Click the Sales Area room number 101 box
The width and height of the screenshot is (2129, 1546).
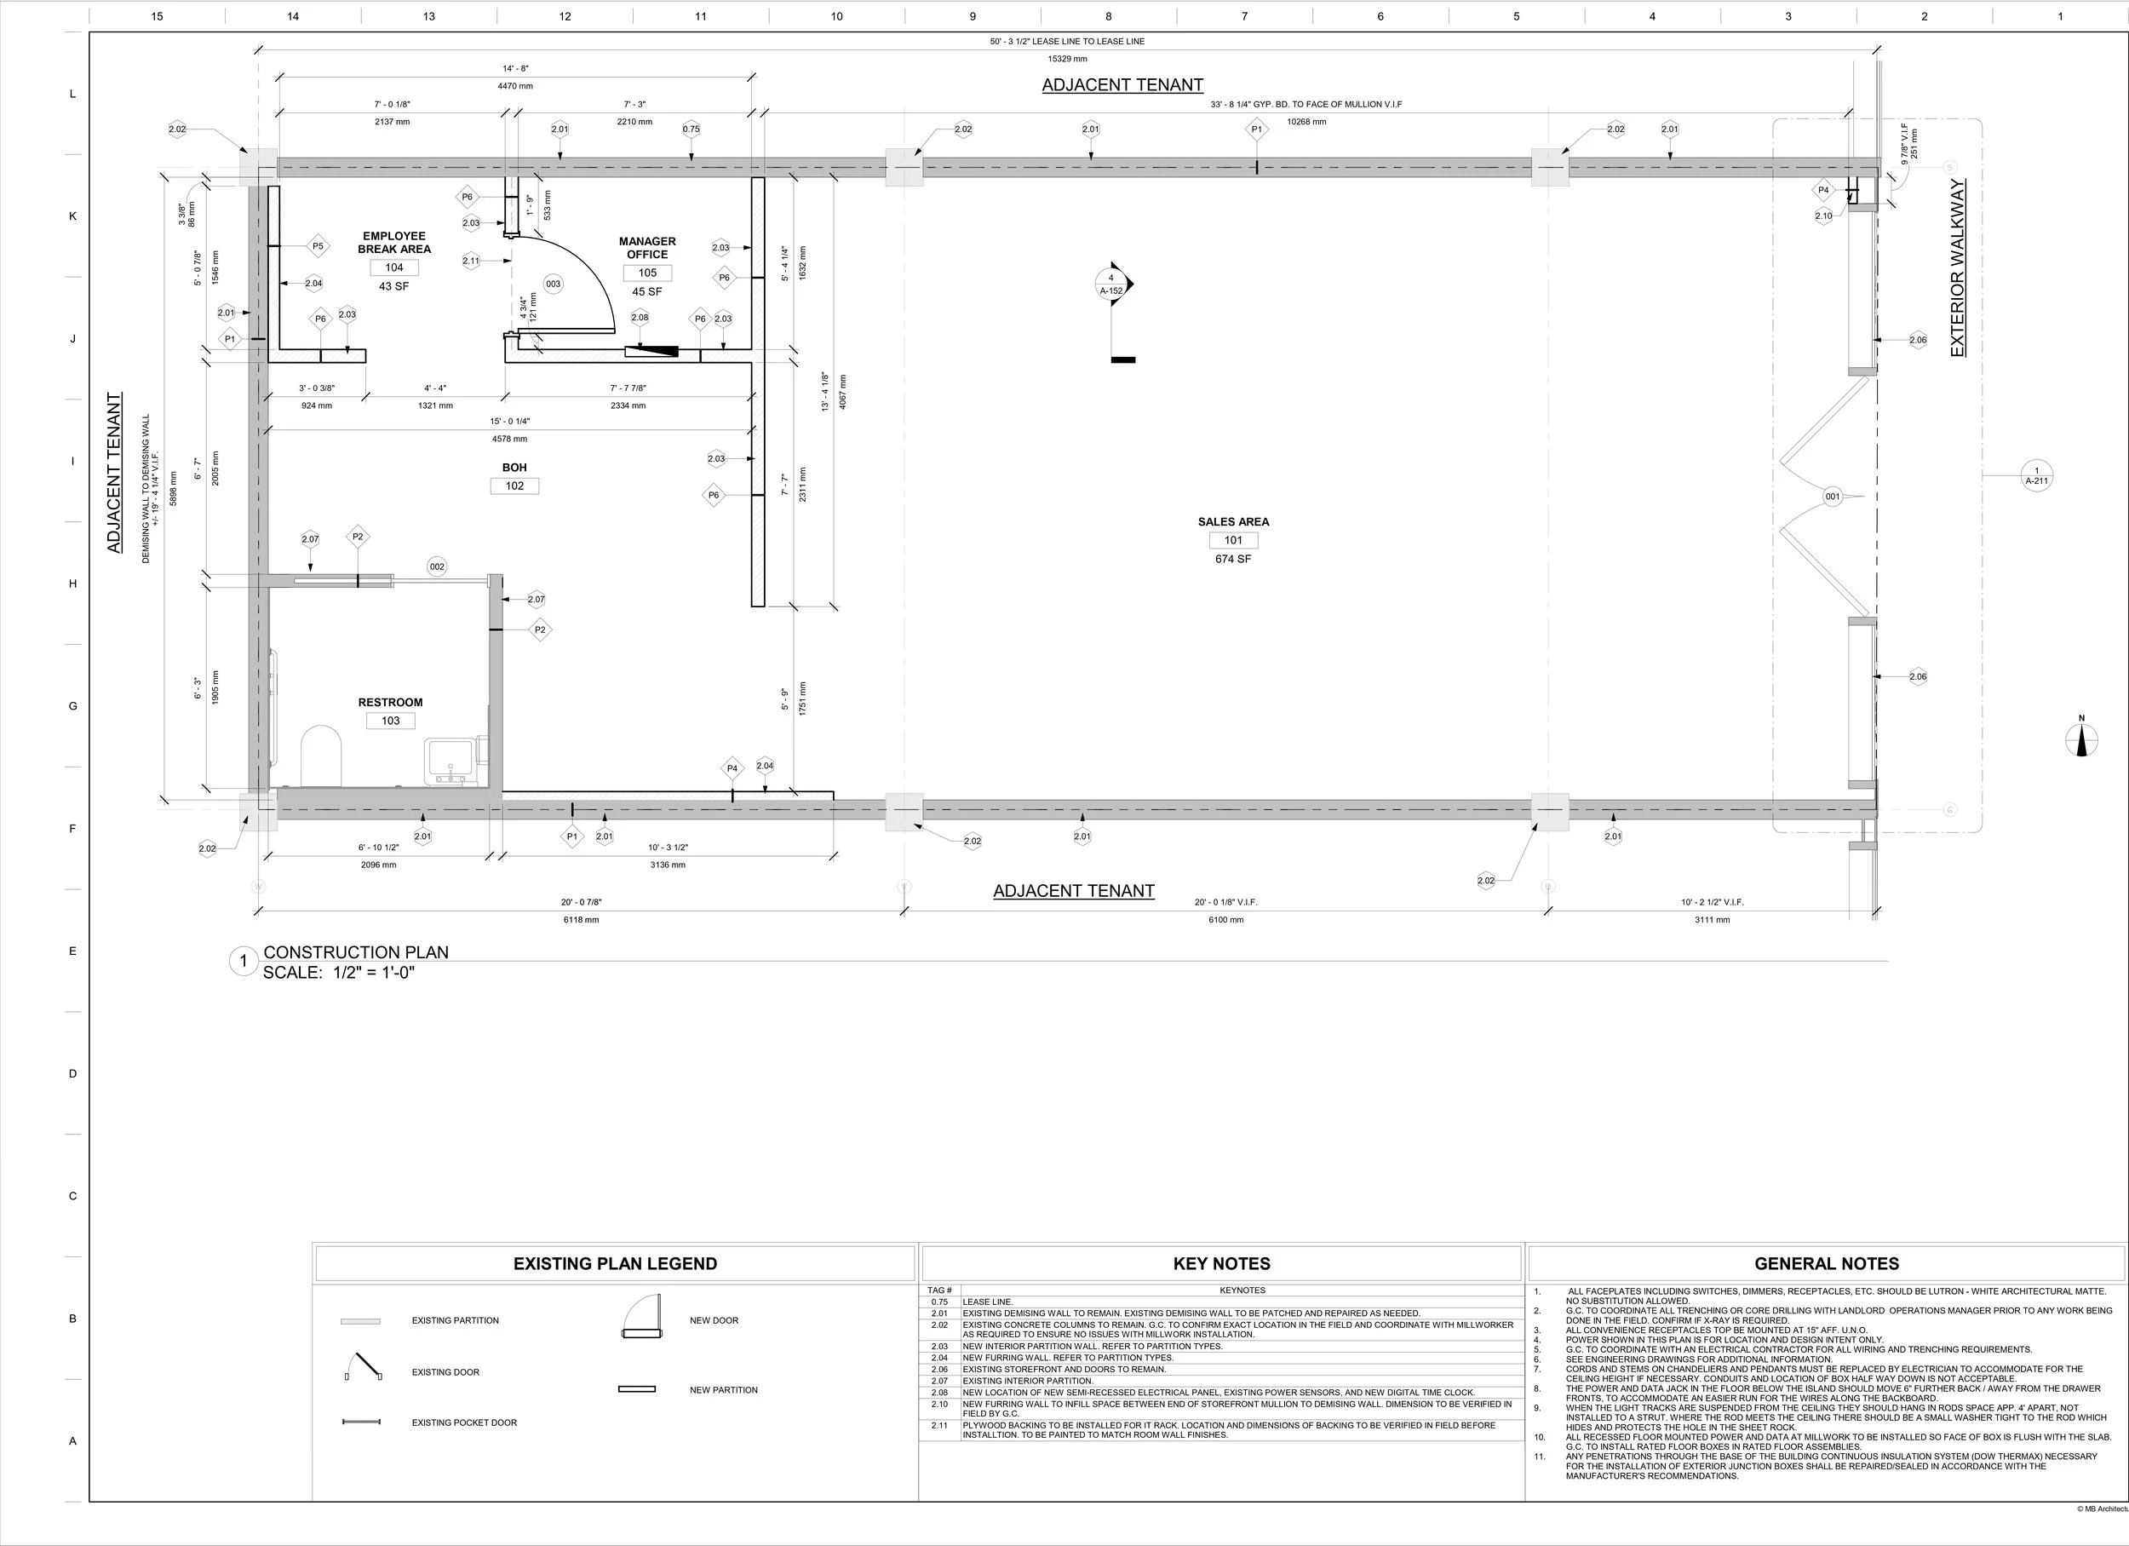coord(1232,540)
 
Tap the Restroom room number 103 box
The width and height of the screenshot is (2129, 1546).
coord(391,721)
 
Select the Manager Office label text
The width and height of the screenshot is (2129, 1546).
coord(646,248)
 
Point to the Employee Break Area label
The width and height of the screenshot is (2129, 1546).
coord(394,242)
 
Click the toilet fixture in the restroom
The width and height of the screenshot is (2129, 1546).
coord(320,755)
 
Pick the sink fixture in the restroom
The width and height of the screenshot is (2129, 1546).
coord(451,761)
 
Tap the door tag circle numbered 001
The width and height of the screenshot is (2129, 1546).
coord(1833,497)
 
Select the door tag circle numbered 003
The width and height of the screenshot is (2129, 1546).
coord(553,284)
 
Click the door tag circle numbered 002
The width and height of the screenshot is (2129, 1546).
coord(437,566)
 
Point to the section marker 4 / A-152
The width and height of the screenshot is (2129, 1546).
coord(1112,284)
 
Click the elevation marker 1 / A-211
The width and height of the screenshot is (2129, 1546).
coord(2036,476)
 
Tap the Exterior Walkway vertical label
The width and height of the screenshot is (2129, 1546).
coord(1957,267)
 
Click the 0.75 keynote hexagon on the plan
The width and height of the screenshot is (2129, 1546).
coord(691,129)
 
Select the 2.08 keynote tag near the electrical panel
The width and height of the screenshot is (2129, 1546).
coord(640,317)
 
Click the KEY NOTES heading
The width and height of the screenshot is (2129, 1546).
coord(1221,1263)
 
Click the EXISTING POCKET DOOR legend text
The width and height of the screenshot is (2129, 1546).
coord(464,1422)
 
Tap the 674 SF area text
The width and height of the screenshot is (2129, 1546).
coord(1232,560)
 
